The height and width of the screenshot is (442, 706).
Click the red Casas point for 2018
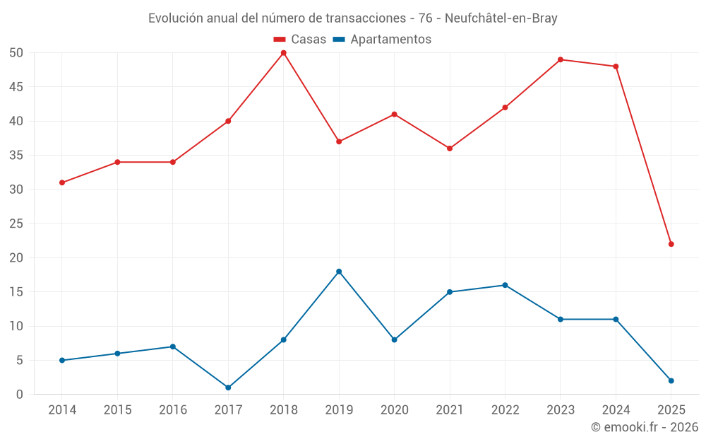coord(284,53)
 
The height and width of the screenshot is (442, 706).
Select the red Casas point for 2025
coord(671,244)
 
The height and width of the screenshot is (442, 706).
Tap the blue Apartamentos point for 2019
coord(339,272)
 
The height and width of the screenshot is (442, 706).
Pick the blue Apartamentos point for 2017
coord(228,388)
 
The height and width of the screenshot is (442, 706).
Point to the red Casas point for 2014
coord(62,182)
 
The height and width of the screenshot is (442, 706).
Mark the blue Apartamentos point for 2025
coord(671,380)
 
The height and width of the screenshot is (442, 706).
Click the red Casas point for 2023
coord(561,59)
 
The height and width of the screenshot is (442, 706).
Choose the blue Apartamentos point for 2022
coord(505,285)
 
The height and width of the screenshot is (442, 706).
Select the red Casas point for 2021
coord(450,149)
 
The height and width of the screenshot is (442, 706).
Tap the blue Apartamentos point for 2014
coord(62,360)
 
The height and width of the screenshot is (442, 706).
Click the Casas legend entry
coord(300,40)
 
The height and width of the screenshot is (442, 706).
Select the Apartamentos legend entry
coord(382,40)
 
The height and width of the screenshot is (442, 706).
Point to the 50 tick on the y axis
coord(16,53)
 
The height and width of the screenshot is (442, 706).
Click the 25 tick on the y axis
coord(16,223)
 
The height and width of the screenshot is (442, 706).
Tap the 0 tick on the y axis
coord(20,395)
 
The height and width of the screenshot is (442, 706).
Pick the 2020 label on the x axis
coord(394,410)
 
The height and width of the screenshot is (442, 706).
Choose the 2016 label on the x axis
coord(173,410)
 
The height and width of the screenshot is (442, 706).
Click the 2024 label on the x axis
coord(616,410)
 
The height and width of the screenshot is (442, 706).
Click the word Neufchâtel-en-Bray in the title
coord(501,18)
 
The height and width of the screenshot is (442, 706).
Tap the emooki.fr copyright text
coord(644,427)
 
